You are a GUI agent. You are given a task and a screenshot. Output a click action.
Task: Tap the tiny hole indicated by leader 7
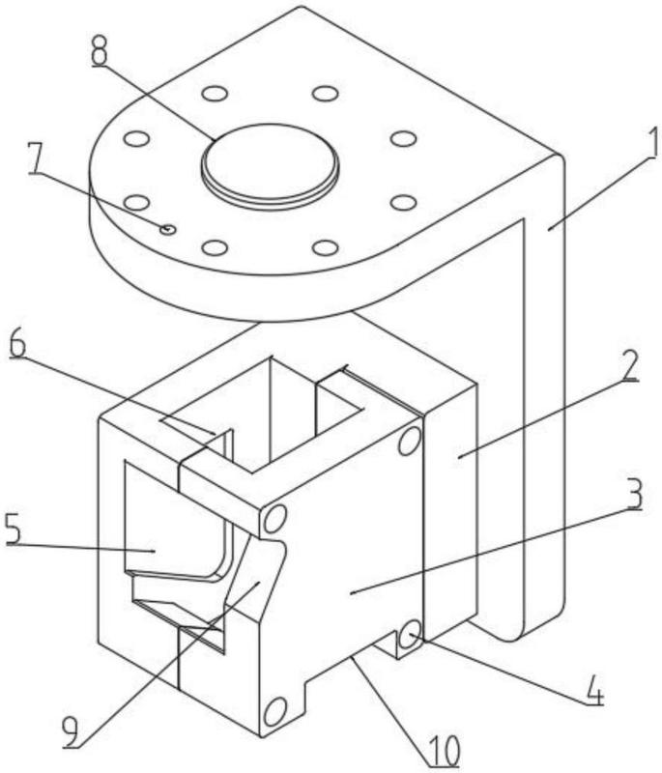tap(168, 229)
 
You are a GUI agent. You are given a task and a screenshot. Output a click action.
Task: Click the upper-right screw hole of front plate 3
tap(409, 442)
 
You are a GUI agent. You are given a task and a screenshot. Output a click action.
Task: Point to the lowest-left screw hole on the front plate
tap(273, 713)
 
